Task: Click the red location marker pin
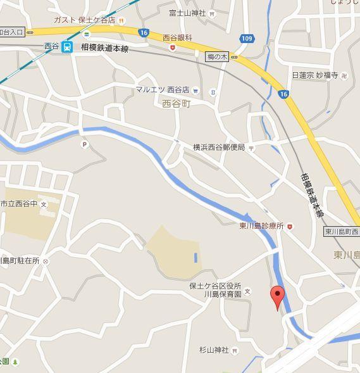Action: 276,296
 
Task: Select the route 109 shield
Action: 247,39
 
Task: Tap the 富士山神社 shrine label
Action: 188,13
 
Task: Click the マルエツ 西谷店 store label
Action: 163,89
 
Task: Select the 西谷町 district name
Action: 176,103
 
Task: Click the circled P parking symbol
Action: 84,144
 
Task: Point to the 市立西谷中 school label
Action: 19,204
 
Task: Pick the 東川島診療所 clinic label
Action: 261,225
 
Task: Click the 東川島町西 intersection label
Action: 342,232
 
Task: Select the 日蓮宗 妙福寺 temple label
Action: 315,75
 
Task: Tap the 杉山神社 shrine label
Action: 213,350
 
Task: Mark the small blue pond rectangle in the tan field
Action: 195,258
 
